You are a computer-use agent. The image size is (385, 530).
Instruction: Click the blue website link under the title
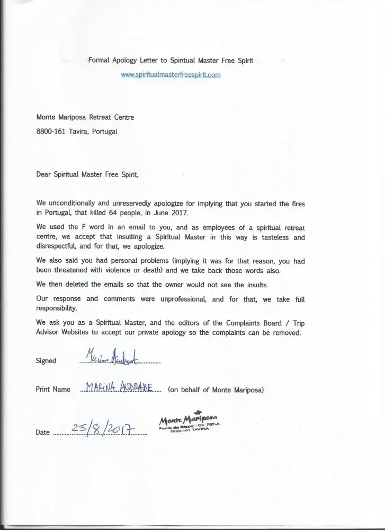(171, 75)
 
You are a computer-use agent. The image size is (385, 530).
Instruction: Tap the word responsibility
(60, 308)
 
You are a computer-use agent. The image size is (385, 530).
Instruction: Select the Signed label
(46, 360)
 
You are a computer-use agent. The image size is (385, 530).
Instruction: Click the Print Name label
(53, 389)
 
